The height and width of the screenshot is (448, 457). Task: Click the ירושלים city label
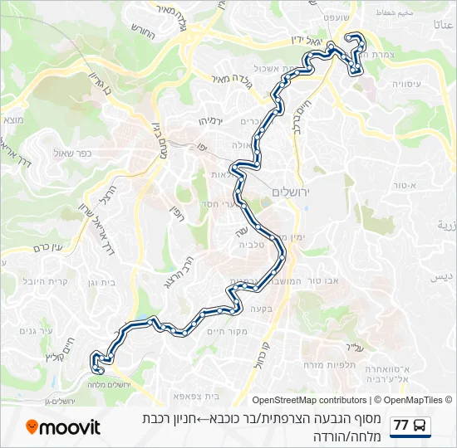point(290,192)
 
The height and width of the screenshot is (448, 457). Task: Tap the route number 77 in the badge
point(402,426)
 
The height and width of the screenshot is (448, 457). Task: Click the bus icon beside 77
point(420,426)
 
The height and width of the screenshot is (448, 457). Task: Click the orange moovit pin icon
point(32,427)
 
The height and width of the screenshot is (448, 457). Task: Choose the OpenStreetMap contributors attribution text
point(308,400)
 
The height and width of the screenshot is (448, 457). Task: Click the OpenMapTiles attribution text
point(413,400)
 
